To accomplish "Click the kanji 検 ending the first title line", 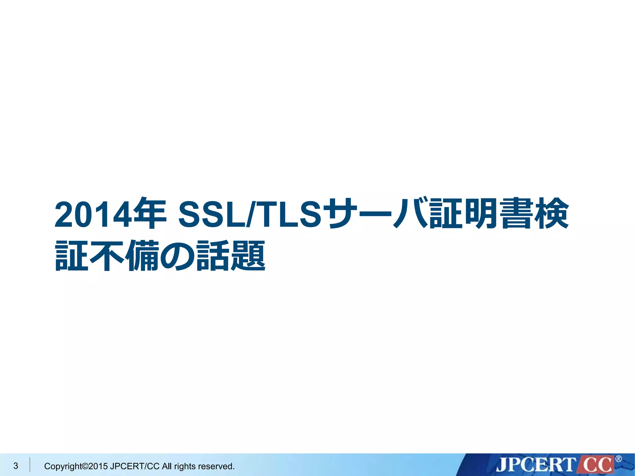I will coord(552,213).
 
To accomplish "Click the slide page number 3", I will coord(16,466).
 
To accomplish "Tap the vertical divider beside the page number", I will coord(30,465).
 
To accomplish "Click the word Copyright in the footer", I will coord(63,466).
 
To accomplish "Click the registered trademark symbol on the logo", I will coord(618,459).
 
